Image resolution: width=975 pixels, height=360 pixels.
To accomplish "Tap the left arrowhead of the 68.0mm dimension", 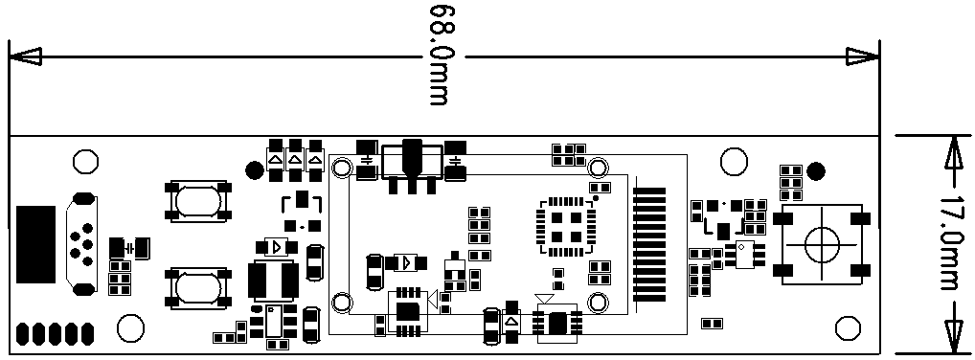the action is (x=26, y=56).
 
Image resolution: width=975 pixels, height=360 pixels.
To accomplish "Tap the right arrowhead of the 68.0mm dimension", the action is (x=863, y=56).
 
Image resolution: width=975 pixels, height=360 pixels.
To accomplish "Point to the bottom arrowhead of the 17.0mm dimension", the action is (x=951, y=337).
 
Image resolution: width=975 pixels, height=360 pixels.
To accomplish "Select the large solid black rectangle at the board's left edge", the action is (x=35, y=244).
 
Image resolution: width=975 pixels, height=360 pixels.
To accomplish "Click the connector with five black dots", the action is (x=81, y=244).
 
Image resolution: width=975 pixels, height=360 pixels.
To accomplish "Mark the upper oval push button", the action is (x=197, y=201).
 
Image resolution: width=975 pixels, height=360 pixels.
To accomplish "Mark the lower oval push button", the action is (x=197, y=288).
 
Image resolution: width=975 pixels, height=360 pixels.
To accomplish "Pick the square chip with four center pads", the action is (x=566, y=226).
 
